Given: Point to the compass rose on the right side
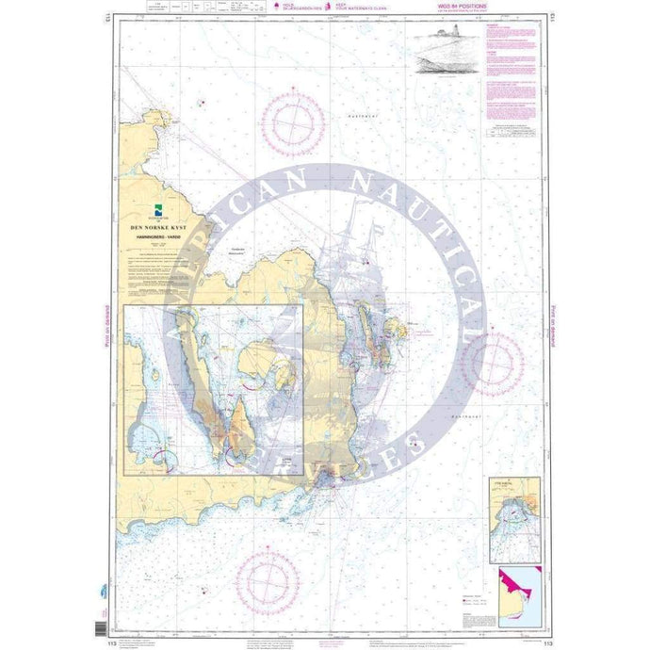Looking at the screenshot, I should [x=493, y=364].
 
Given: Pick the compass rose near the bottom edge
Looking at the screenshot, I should [x=268, y=577].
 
